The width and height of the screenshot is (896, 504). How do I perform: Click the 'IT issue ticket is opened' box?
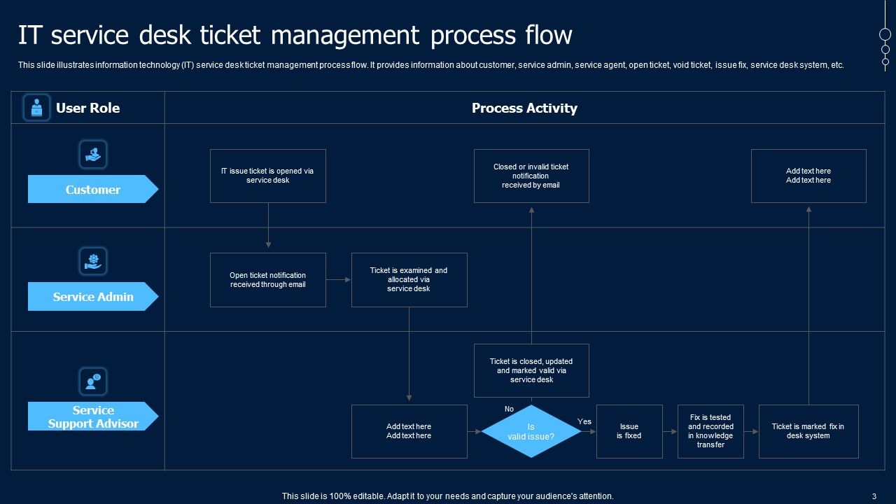267,176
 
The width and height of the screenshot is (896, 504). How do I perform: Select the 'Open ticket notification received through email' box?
267,280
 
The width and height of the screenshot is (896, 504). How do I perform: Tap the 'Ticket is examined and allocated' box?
409,280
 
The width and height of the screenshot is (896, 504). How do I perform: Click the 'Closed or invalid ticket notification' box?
531,176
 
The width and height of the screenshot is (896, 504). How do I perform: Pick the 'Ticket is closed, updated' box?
531,370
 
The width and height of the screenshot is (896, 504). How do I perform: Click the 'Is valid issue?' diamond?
531,431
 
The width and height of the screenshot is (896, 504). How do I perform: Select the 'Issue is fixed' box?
629,431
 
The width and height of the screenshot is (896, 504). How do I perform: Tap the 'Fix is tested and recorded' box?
710,431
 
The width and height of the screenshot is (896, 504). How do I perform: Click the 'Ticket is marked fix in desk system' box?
808,431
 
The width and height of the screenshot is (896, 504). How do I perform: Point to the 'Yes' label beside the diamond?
584,421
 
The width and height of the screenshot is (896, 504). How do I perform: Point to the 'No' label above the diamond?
509,409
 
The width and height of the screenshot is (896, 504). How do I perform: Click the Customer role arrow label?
92,190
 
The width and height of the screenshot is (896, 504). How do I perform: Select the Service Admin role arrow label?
92,297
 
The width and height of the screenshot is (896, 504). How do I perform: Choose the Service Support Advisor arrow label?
92,416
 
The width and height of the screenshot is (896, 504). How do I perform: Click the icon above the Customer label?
93,154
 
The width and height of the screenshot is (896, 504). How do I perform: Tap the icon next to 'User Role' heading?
36,108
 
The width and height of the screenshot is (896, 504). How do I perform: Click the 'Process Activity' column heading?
524,108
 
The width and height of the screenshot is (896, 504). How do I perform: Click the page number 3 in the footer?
874,496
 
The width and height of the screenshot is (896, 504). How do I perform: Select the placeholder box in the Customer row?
808,176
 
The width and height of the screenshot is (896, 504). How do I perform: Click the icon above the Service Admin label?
93,261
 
